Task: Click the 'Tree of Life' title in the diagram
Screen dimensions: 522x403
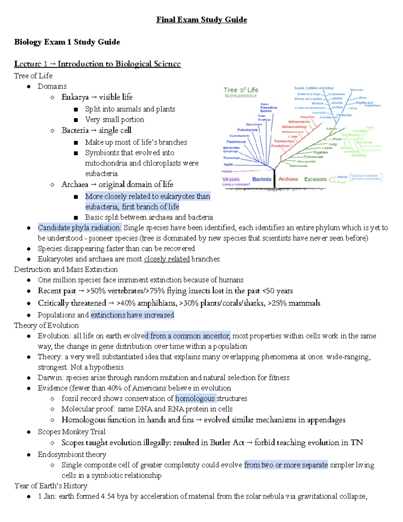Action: pos(241,90)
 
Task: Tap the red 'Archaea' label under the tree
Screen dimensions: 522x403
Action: pos(288,179)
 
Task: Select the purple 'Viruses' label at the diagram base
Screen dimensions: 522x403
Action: pos(231,179)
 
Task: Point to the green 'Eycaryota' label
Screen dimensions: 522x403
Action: pos(315,179)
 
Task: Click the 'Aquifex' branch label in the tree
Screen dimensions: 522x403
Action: pos(229,164)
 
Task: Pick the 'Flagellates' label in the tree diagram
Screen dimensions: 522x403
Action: pos(320,152)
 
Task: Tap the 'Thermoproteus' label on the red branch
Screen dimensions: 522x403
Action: pos(284,141)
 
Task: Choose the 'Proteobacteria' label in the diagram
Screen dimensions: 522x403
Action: pos(248,130)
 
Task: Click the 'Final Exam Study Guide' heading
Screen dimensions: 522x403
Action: pos(201,20)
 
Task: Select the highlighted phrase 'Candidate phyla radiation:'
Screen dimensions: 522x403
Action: pos(80,228)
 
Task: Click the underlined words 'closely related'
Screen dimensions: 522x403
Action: pos(167,259)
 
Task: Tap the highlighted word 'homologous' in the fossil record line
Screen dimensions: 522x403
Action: pos(195,398)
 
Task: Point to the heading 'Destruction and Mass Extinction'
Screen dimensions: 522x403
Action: pos(66,269)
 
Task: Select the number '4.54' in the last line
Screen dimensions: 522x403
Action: pos(108,496)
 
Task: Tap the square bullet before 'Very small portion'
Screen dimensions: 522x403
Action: pos(76,120)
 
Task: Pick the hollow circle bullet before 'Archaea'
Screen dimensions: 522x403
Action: pos(52,185)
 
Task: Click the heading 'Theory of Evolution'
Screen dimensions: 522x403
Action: pos(46,325)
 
